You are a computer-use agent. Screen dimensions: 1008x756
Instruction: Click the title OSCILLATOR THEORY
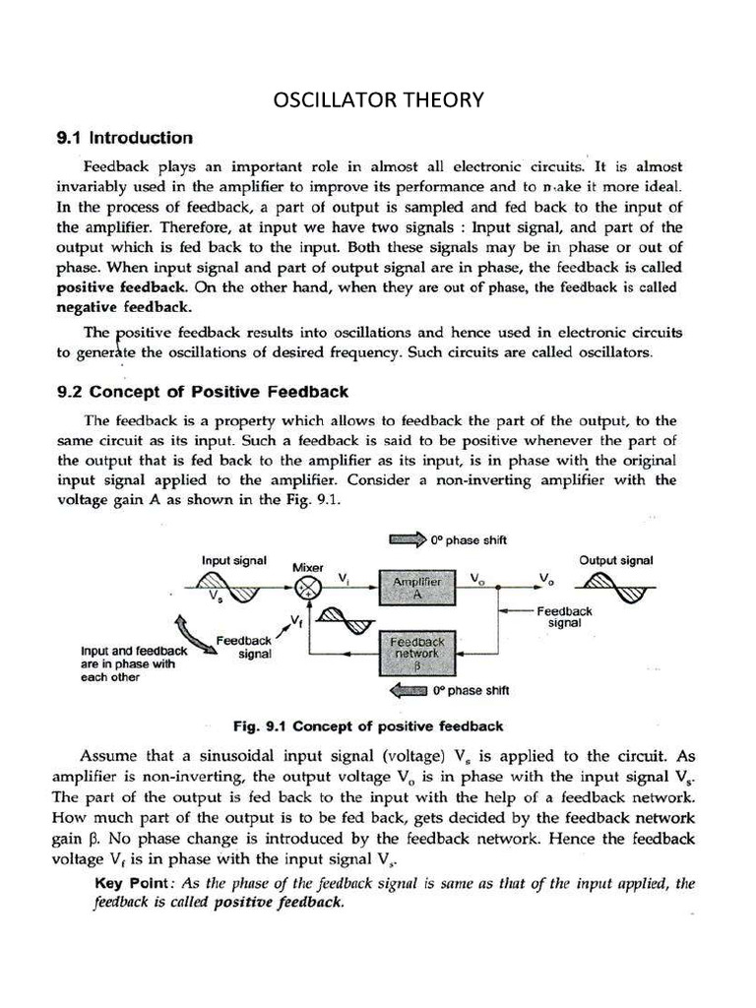(x=378, y=99)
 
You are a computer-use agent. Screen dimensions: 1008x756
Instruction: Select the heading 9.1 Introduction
(x=124, y=138)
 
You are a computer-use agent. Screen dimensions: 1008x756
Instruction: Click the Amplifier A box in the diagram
(x=417, y=589)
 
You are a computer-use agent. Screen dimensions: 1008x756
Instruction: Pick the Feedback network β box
(x=417, y=651)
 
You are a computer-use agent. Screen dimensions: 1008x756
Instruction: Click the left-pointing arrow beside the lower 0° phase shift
(x=407, y=690)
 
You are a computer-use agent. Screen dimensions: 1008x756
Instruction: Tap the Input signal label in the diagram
(x=233, y=560)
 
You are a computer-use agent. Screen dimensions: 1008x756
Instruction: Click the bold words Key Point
(x=134, y=883)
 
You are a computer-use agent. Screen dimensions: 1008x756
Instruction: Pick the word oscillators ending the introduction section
(x=613, y=351)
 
